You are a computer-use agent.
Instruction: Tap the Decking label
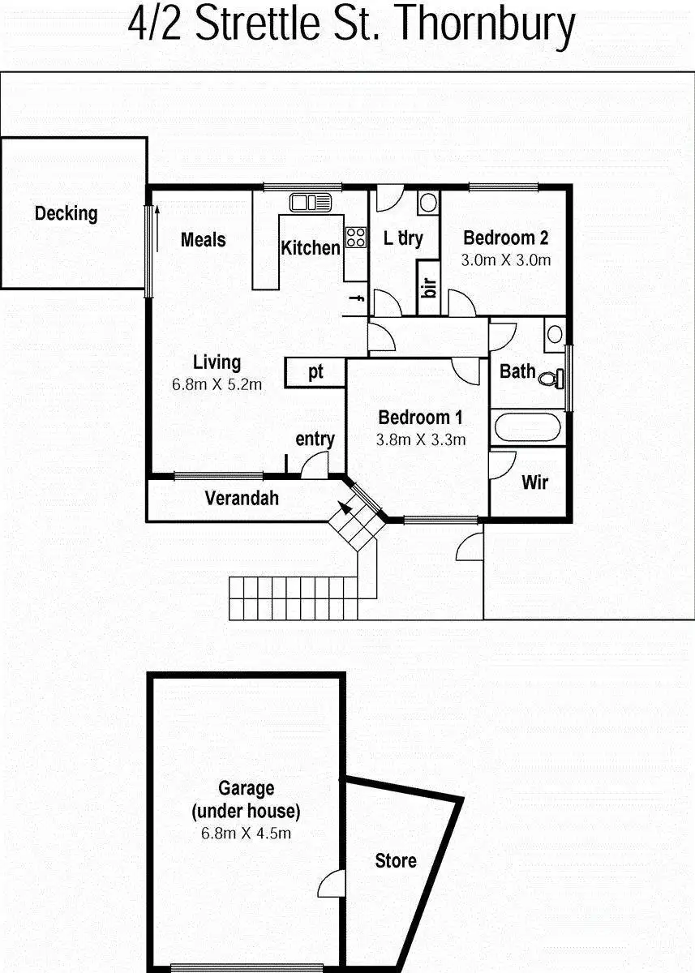point(66,214)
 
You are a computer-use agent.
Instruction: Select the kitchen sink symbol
point(308,202)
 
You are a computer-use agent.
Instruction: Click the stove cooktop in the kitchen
point(355,237)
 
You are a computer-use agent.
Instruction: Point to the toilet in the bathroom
point(553,378)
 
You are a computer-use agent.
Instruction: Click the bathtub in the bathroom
point(527,427)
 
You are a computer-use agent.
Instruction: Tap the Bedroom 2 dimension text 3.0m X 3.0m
point(505,260)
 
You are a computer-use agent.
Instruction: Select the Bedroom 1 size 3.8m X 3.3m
point(420,440)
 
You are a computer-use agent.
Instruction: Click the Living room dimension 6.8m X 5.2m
point(217,385)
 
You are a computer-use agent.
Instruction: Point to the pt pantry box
point(315,372)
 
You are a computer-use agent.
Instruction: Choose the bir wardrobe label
point(429,287)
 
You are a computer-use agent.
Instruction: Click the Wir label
point(534,482)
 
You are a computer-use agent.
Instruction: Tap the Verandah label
point(241,498)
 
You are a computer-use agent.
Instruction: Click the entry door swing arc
point(313,465)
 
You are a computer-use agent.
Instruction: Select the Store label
point(396,861)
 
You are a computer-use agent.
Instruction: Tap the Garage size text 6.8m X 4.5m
point(246,833)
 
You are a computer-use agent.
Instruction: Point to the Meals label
point(203,240)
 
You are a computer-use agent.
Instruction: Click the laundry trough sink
point(428,202)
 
